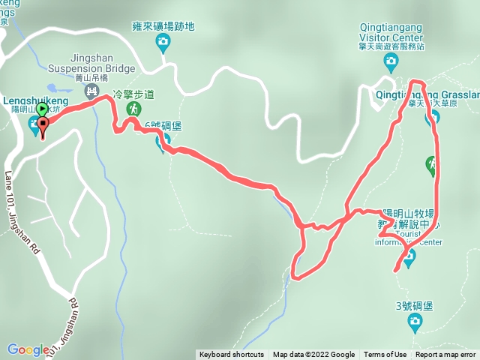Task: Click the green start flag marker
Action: [x=42, y=109]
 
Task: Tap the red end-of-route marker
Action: [x=43, y=127]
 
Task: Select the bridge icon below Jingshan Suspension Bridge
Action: [x=91, y=91]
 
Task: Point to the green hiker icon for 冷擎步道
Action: [x=133, y=109]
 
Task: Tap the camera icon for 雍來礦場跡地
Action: [x=163, y=43]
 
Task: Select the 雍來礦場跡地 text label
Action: [x=163, y=26]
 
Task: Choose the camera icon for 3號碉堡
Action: [x=414, y=322]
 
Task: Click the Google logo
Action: [x=28, y=349]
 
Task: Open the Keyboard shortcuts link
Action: [x=232, y=355]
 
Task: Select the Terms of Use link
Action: [x=385, y=355]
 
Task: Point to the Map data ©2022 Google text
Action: [x=313, y=355]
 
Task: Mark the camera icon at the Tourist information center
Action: [x=409, y=259]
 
